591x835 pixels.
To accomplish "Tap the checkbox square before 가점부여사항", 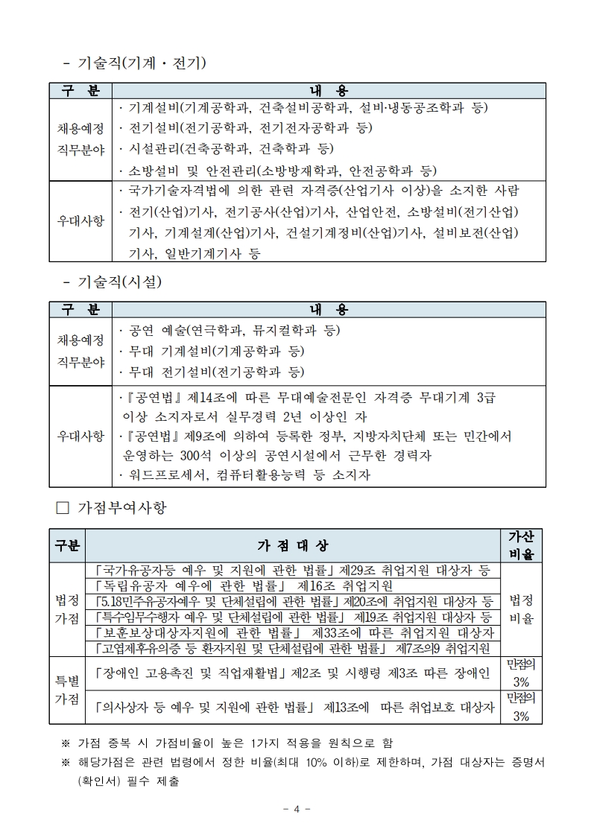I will click(63, 508).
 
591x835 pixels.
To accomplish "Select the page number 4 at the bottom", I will click(296, 809).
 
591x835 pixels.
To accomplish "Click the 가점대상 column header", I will click(292, 545).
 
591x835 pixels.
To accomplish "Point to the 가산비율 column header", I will click(521, 545).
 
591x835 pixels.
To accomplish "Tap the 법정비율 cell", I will click(521, 609).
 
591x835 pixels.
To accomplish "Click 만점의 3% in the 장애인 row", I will click(521, 673).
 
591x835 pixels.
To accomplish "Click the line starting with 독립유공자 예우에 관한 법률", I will click(244, 585).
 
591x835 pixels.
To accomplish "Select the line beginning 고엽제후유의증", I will click(292, 648).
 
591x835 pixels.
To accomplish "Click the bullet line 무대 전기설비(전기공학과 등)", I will click(212, 371).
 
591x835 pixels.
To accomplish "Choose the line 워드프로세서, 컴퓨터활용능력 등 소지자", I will click(244, 474).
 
